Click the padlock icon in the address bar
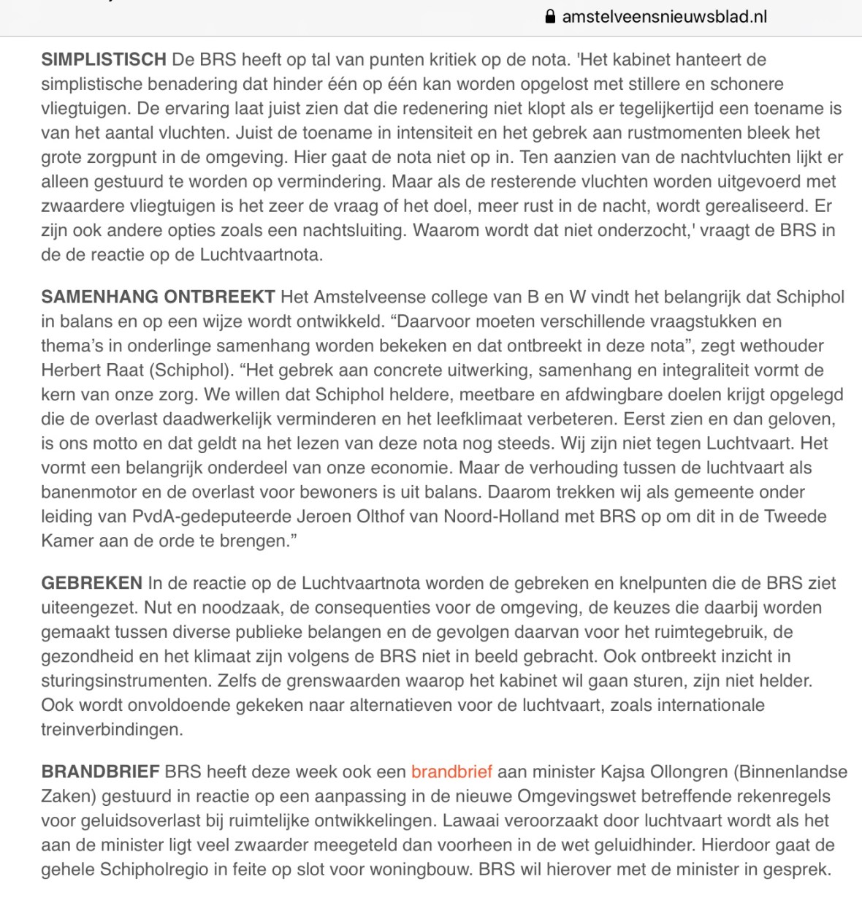click(550, 17)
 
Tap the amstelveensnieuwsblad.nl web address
click(664, 17)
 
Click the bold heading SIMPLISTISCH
click(104, 59)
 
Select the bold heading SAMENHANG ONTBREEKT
click(158, 297)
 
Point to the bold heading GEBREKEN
click(91, 583)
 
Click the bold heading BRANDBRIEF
click(100, 772)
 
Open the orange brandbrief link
click(451, 772)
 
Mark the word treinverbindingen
click(111, 729)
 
